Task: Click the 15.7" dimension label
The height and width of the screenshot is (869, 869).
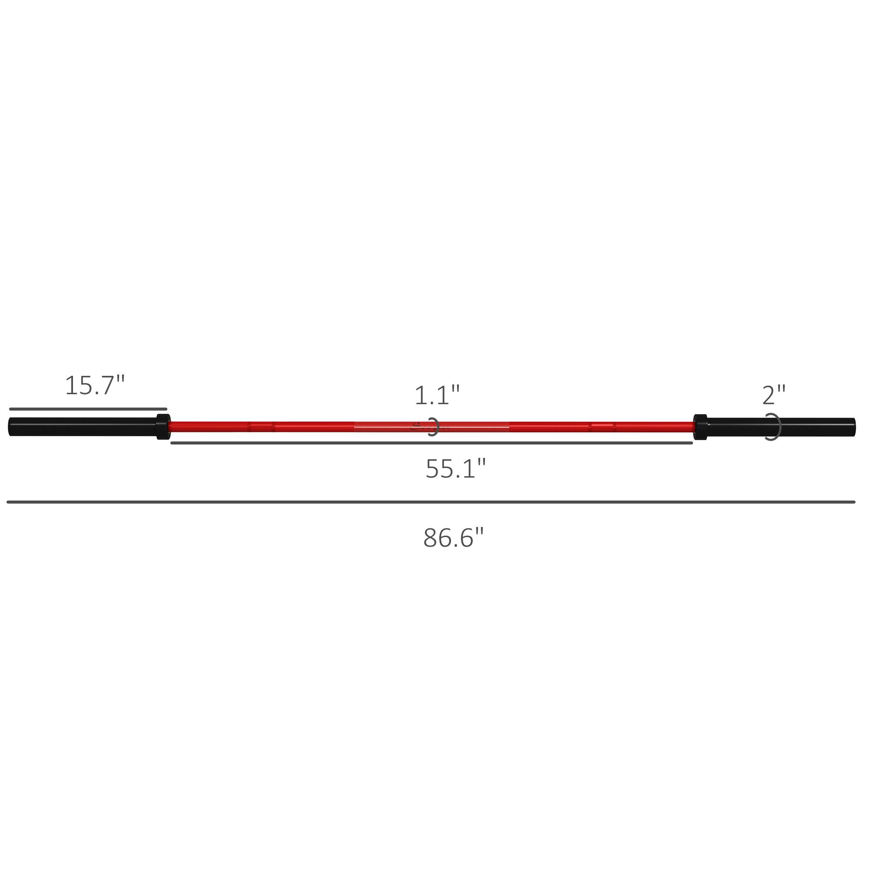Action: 94,386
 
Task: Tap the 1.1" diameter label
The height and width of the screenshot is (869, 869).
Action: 437,396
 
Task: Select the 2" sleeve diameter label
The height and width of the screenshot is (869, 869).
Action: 774,396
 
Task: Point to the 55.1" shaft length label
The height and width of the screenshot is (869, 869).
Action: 456,469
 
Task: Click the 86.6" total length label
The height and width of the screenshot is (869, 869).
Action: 453,538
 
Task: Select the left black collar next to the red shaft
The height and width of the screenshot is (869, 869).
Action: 163,426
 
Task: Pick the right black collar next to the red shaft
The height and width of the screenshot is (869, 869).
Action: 700,427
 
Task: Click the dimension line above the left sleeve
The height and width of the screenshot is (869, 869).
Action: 88,409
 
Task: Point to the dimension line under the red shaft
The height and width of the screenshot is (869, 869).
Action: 432,443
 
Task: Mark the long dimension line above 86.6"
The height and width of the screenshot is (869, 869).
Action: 431,502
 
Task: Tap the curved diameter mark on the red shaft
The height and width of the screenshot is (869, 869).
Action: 434,427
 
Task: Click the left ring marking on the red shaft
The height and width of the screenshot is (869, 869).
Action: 261,426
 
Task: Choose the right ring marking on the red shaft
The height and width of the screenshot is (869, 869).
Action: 603,426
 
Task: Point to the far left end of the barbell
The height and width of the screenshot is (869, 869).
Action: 10,426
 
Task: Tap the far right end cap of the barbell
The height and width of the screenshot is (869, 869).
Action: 853,427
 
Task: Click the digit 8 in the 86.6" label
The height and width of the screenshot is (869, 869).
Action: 431,538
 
